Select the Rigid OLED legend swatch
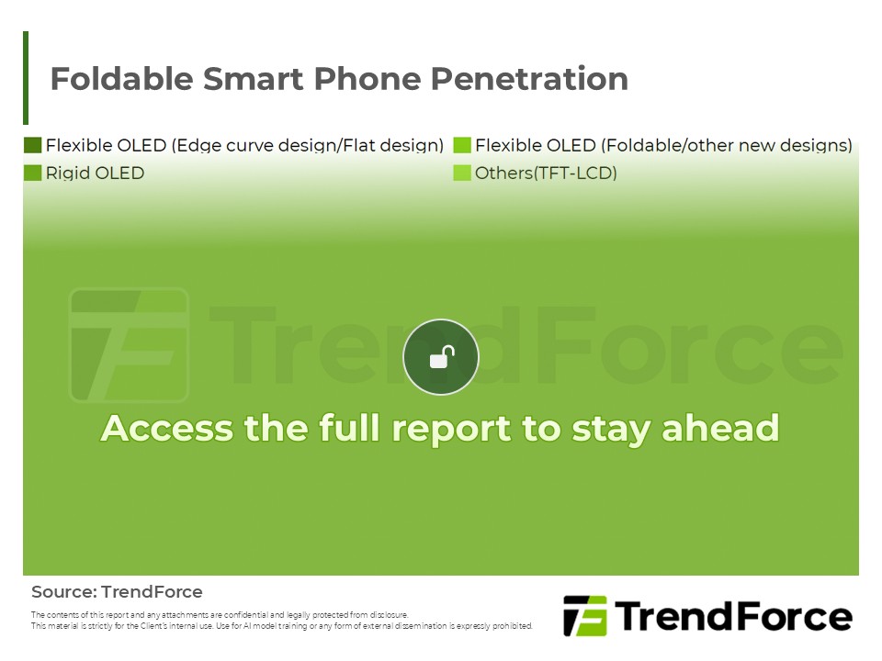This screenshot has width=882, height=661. tap(33, 173)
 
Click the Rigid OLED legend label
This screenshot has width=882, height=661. tap(95, 173)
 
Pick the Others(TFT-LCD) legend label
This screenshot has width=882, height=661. tap(546, 173)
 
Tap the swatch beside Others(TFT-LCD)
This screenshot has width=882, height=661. tap(462, 173)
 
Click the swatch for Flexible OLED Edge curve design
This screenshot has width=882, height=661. tap(33, 145)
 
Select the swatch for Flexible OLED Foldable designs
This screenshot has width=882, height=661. tap(462, 145)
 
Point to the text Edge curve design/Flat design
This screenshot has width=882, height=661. tap(308, 145)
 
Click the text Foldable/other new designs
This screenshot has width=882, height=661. tap(726, 145)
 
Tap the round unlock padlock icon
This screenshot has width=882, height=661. tap(441, 357)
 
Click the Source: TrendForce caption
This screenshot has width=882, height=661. tap(117, 592)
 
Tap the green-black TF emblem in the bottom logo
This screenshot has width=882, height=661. tap(584, 616)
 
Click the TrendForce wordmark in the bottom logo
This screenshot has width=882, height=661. tap(732, 616)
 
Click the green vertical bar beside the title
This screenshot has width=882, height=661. tap(26, 78)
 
